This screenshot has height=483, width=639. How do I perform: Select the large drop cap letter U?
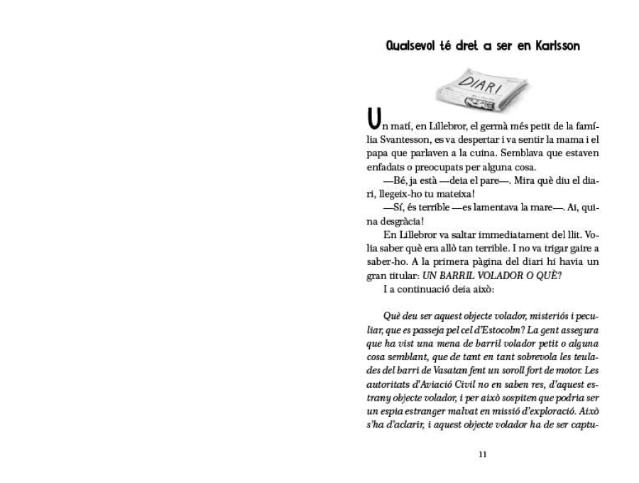(371, 117)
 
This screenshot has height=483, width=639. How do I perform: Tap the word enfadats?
(383, 168)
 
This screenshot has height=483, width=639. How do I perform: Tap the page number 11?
(483, 455)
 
